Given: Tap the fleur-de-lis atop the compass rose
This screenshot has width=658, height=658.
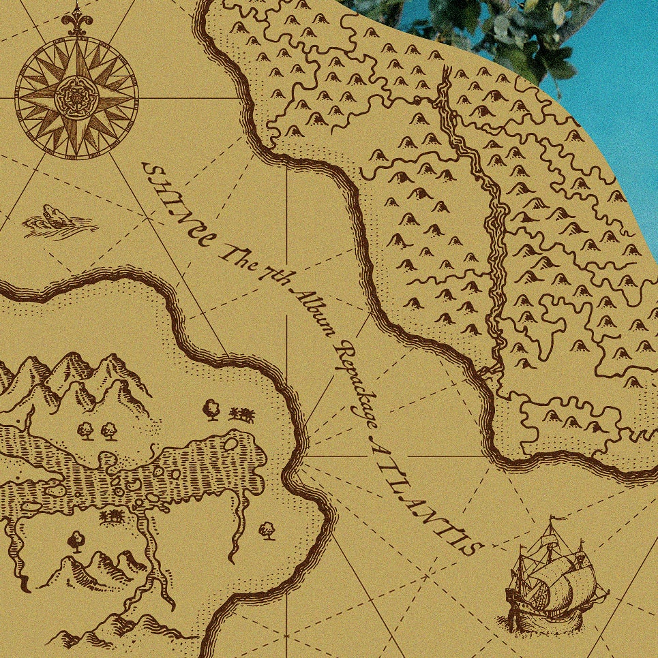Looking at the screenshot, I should point(76,22).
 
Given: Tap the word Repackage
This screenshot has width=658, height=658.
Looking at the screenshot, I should point(355,381).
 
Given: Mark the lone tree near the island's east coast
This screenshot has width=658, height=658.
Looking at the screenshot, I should point(267,529).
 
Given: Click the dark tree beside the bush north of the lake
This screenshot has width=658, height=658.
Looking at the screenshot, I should point(211,409).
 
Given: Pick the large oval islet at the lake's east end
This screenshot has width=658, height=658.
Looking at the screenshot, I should point(231,444).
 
